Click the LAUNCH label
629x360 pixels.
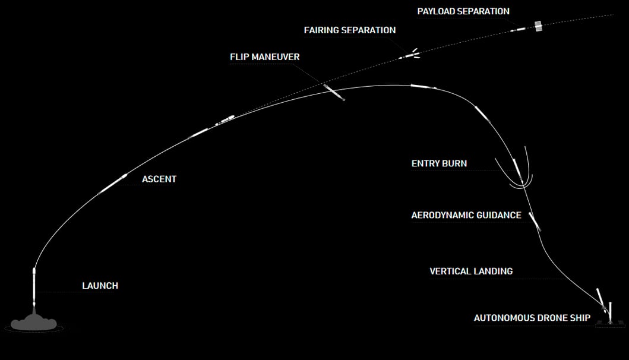click(100, 286)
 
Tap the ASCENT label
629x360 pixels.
click(159, 179)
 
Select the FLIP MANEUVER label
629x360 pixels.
click(264, 57)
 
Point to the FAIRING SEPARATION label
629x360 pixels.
click(349, 30)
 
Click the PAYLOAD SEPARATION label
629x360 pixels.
click(463, 11)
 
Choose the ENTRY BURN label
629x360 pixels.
click(439, 163)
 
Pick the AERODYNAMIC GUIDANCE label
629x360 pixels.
click(466, 215)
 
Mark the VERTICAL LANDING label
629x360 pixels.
click(470, 271)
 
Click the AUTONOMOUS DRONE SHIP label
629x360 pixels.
click(532, 318)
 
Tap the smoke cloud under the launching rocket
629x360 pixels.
click(34, 323)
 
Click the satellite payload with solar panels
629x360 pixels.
click(538, 27)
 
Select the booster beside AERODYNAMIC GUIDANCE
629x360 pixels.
click(535, 221)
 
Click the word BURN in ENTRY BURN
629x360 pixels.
click(455, 163)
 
